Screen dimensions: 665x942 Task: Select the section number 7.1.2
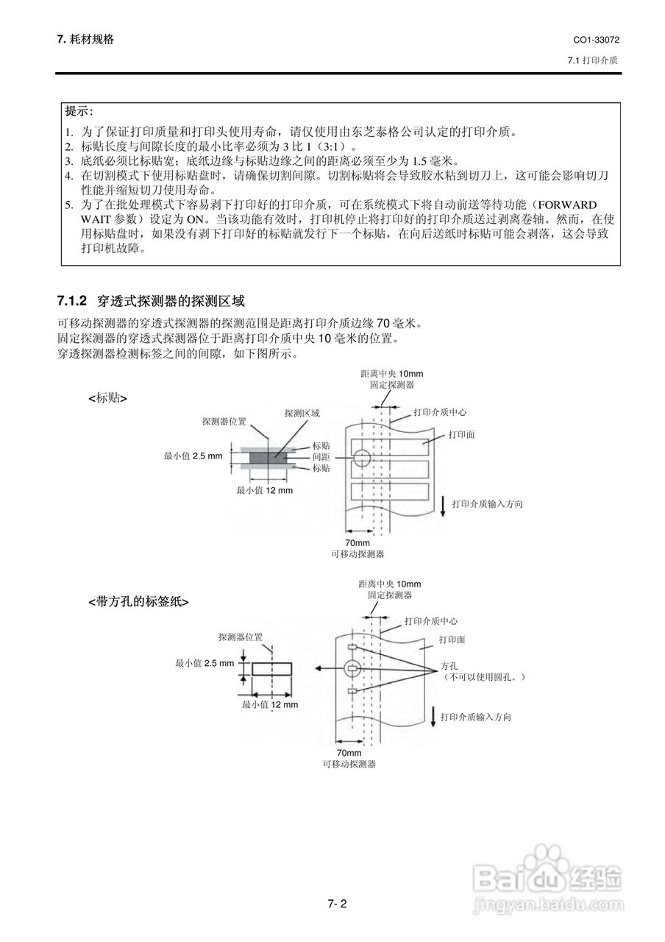(72, 301)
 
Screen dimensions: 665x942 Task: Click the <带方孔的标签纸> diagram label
(138, 601)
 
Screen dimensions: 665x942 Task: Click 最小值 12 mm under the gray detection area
(264, 490)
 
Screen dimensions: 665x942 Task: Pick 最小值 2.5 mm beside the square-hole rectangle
(204, 663)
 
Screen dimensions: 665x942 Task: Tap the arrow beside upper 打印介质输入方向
(444, 505)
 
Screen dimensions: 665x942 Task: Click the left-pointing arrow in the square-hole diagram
(323, 668)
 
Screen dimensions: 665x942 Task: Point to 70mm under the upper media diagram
(358, 543)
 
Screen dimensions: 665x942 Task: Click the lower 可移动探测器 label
(349, 765)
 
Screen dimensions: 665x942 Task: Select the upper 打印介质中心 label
(440, 412)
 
